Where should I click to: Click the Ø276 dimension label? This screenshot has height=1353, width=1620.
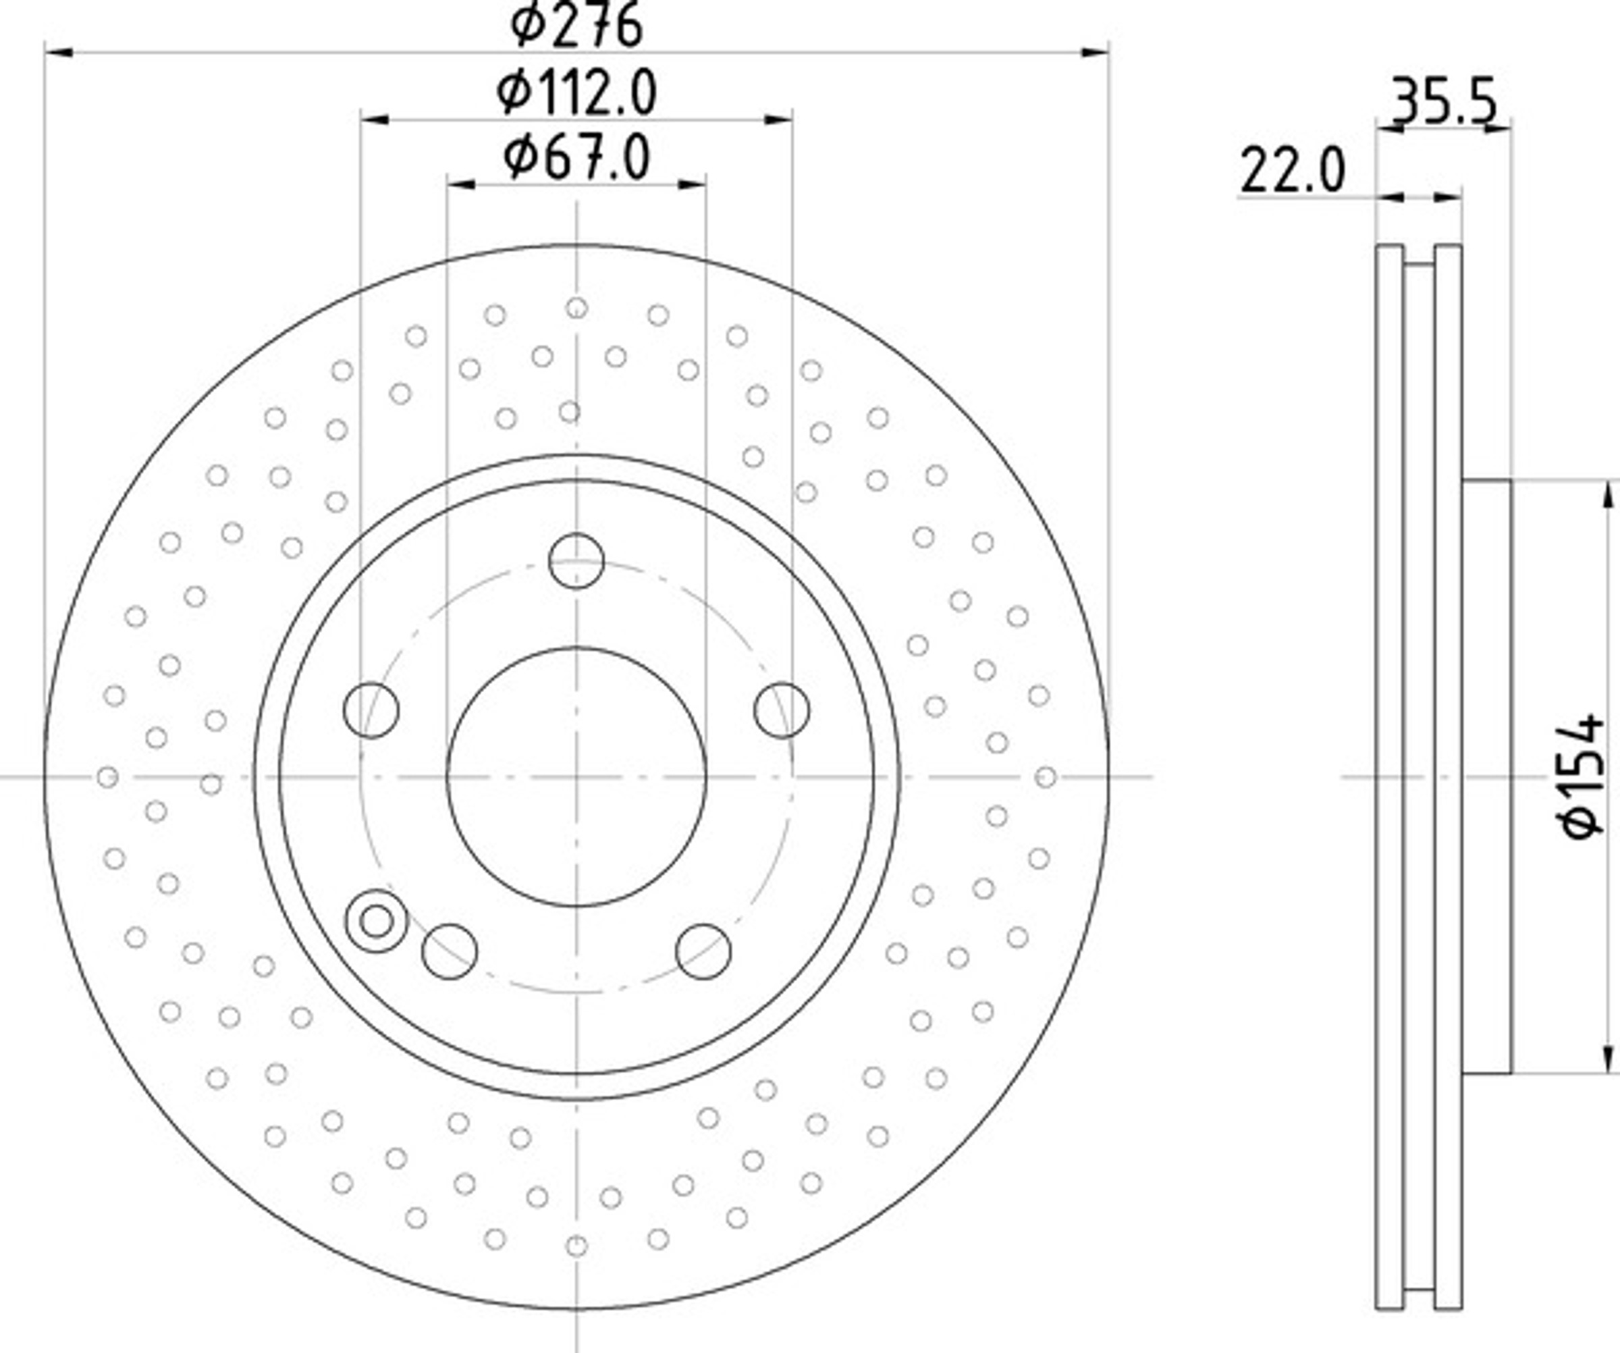[x=576, y=25]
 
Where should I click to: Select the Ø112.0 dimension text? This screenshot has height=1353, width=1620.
[x=576, y=92]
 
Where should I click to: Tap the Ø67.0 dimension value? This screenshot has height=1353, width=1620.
[x=576, y=157]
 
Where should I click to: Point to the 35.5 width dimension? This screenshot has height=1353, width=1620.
[x=1442, y=101]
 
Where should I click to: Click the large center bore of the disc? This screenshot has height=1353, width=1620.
[x=576, y=777]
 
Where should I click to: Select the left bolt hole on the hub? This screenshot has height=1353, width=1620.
[x=371, y=710]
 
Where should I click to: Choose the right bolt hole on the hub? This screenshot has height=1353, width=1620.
[x=782, y=710]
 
